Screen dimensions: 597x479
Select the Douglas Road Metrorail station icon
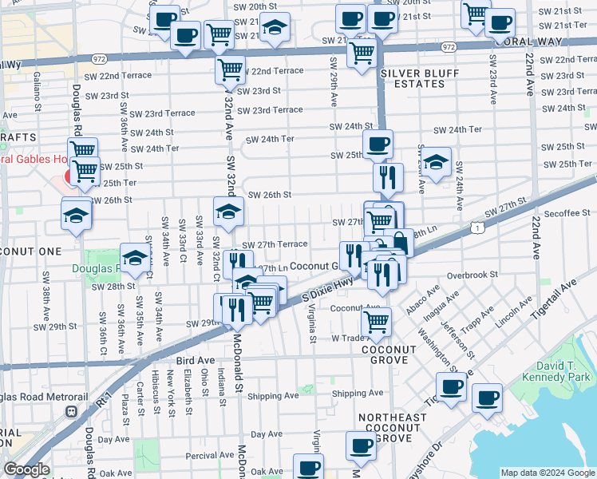(71, 411)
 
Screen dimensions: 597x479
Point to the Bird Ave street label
(195, 361)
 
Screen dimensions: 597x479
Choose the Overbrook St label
(472, 274)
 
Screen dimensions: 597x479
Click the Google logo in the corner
(26, 469)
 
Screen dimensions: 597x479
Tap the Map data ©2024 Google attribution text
(548, 473)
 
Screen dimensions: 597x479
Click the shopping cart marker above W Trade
(376, 323)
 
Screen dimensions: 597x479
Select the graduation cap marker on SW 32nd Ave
(228, 212)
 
